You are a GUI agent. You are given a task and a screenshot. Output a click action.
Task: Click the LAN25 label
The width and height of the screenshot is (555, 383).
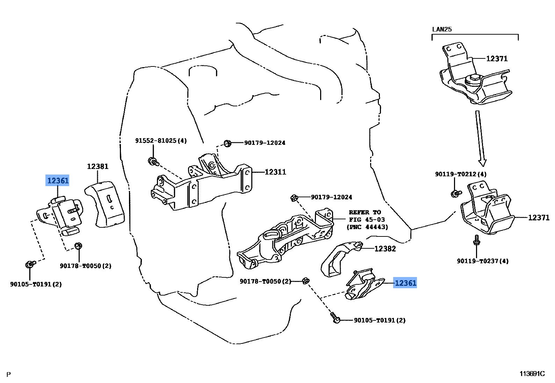442,29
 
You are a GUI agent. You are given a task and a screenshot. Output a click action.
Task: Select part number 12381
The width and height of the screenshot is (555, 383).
98,166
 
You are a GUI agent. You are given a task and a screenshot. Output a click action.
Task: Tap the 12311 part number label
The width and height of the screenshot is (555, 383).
275,172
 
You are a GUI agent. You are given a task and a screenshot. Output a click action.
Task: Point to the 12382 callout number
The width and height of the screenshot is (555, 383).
385,249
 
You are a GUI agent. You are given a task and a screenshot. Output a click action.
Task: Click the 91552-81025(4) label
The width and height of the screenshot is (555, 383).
161,141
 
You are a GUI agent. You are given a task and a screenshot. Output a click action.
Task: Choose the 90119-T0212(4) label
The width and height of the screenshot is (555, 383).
460,174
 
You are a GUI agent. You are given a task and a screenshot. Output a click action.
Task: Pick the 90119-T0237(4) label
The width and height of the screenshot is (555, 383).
482,261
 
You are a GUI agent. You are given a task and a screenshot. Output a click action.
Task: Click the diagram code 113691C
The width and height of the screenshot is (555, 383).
532,374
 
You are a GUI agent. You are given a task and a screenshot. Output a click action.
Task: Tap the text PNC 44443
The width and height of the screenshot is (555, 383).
367,227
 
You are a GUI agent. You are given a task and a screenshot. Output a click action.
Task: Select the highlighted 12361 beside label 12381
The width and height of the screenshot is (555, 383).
58,180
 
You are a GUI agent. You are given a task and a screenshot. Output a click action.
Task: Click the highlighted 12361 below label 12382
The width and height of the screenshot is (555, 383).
405,283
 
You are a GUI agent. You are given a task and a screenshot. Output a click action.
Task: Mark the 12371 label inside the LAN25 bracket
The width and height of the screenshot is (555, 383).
497,59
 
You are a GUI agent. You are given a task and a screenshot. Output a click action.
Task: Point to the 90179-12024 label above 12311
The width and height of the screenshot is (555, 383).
265,143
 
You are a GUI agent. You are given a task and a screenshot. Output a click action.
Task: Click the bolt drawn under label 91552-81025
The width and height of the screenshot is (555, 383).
153,162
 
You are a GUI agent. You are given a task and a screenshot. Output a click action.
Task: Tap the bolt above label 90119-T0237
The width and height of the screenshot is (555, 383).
476,240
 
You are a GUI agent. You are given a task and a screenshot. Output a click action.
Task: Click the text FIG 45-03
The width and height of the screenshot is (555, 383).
367,220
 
